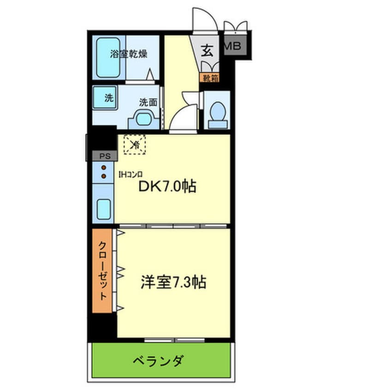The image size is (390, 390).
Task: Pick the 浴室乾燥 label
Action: tap(128, 54)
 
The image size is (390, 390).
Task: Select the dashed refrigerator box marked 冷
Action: tap(135, 144)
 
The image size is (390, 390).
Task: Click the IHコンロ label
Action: tap(130, 174)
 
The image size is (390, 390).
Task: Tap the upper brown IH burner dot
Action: tap(104, 167)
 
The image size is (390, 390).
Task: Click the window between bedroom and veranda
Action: tap(174, 341)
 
